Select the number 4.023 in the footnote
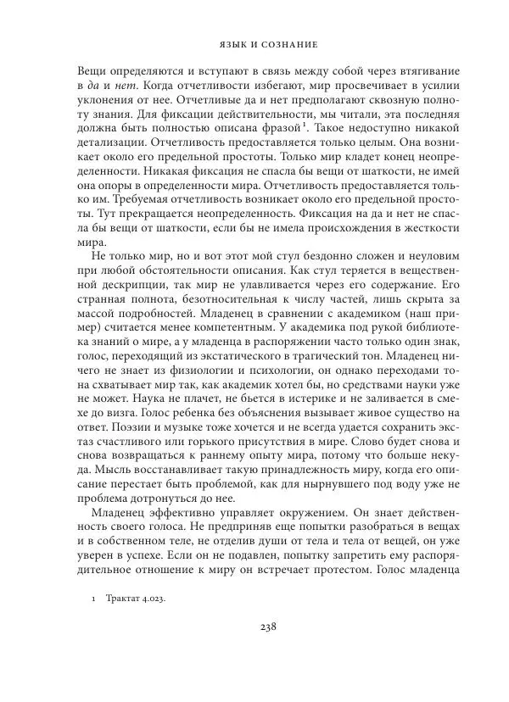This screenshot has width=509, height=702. click(x=150, y=599)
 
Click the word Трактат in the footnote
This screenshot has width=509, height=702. click(x=123, y=599)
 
